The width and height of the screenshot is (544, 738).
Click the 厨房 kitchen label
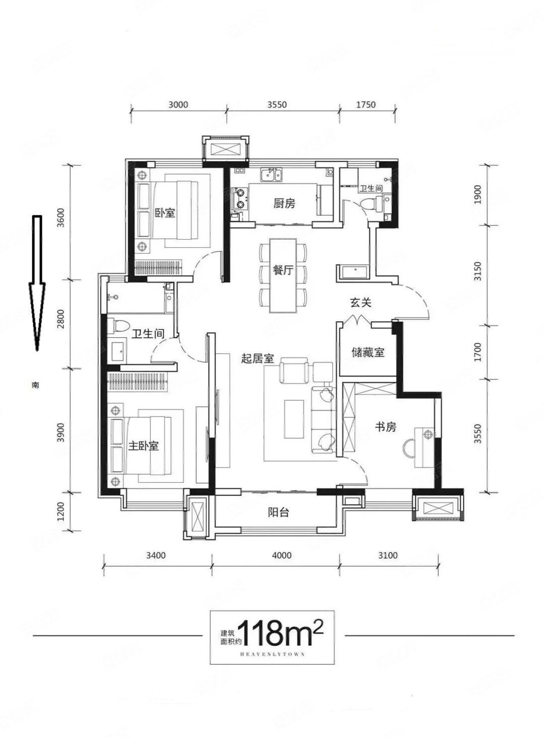[284, 204]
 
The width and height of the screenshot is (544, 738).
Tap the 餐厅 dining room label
[283, 271]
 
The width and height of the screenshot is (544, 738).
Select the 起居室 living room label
[258, 358]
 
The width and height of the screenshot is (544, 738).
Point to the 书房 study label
[386, 427]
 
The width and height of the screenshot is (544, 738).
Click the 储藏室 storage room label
[368, 352]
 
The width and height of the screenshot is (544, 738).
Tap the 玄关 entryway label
[361, 302]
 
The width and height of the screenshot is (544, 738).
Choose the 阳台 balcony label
[278, 512]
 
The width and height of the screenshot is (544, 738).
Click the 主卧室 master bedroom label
[143, 446]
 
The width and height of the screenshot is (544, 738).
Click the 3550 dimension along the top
[277, 105]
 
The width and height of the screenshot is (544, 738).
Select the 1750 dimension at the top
[366, 105]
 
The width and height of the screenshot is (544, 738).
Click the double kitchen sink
[272, 174]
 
